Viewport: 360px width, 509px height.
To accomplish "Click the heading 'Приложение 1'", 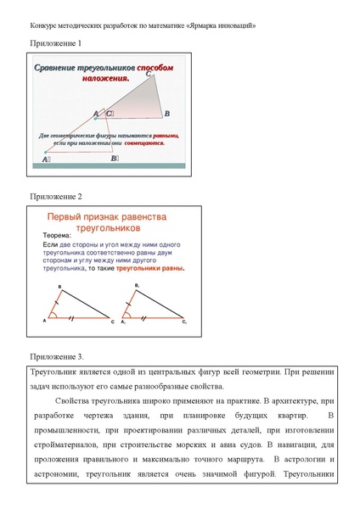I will coord(56,42).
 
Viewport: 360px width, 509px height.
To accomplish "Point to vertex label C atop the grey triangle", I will coord(149,75).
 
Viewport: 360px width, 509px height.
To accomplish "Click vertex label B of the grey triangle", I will coord(167,113).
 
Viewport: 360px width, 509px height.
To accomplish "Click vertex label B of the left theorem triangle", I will coord(59,287).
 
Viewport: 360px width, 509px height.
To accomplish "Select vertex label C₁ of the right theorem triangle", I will coord(184,322).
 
